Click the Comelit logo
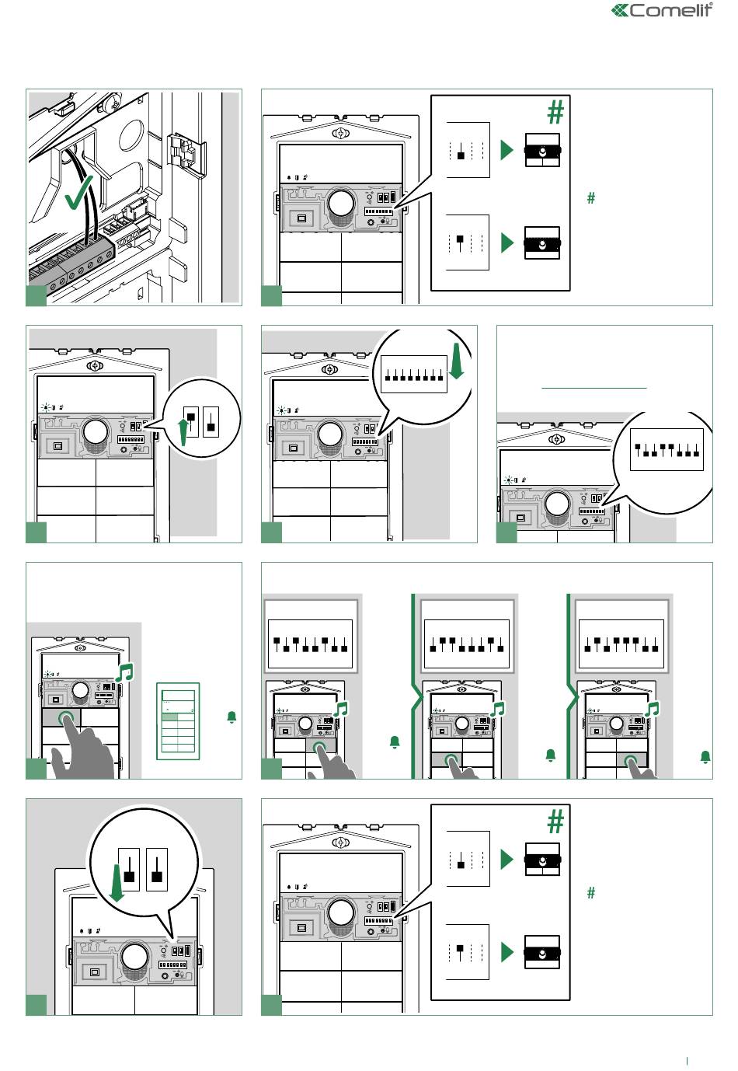(662, 10)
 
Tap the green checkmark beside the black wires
(79, 192)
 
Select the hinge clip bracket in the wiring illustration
(186, 155)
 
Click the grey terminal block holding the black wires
(71, 264)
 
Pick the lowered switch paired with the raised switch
(211, 421)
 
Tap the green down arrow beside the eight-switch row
(458, 361)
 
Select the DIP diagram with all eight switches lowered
(414, 374)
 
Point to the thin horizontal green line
(594, 388)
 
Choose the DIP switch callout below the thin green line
(667, 449)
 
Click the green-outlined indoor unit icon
(178, 721)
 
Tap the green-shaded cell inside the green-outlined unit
(169, 717)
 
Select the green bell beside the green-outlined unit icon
(231, 717)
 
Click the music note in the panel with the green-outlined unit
(125, 672)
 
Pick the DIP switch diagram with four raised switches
(621, 644)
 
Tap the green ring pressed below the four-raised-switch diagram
(631, 761)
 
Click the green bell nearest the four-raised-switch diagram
(705, 757)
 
